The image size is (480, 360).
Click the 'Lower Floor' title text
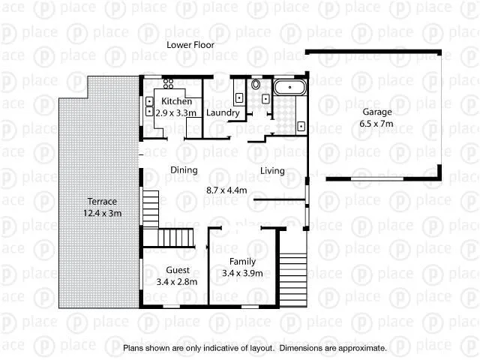(190, 45)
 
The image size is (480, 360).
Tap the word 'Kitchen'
(176, 101)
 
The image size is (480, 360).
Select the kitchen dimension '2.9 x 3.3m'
(176, 112)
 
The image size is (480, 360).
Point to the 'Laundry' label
(223, 113)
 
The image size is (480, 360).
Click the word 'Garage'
(377, 112)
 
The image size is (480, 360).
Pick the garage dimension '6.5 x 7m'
(377, 123)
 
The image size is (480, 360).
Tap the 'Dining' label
(184, 170)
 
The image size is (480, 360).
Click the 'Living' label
(272, 171)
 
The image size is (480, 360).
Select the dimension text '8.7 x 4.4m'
(226, 190)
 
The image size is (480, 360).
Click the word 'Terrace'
(102, 202)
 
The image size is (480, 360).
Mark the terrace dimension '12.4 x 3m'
(102, 214)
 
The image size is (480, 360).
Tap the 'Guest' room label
(177, 270)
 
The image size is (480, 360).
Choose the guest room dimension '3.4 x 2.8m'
(177, 282)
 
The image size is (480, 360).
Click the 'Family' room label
(242, 261)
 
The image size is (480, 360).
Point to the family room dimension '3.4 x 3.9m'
(242, 273)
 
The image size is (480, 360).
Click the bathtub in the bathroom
(289, 87)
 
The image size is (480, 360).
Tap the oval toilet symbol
(256, 85)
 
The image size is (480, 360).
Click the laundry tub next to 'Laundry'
(238, 97)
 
